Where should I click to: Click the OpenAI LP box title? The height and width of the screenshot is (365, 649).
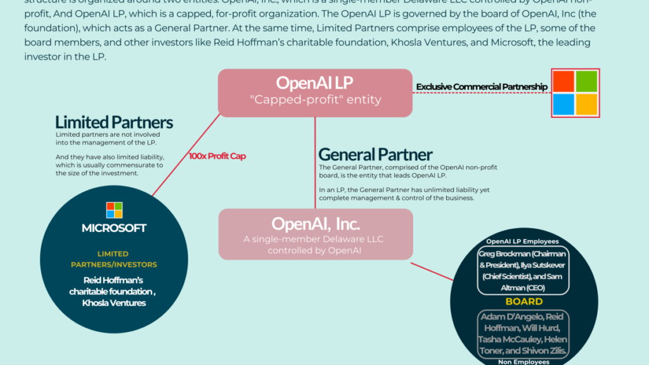tap(314, 83)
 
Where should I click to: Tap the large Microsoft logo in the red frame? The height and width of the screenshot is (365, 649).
tap(575, 93)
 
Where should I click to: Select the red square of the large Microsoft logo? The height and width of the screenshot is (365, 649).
tap(563, 81)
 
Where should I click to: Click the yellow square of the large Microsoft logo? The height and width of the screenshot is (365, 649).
tap(587, 105)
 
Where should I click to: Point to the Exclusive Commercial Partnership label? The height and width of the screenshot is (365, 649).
tap(481, 87)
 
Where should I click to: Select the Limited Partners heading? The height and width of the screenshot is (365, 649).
tap(114, 122)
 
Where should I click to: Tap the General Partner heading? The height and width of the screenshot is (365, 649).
tap(375, 154)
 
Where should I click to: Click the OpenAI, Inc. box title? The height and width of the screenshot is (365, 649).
tap(316, 224)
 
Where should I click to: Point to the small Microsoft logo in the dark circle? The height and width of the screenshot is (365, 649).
tap(114, 210)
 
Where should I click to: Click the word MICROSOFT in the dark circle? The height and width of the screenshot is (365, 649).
tap(114, 228)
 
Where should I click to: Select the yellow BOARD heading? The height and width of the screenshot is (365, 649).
tap(524, 302)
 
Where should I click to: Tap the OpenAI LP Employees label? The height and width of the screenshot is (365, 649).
tap(522, 241)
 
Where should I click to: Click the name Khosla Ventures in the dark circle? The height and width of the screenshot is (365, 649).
tap(114, 303)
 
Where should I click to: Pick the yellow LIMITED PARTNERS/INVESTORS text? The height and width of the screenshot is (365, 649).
tap(114, 259)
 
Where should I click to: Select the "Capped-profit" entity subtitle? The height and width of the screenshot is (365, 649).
tap(315, 99)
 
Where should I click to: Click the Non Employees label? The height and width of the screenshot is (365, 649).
tap(523, 361)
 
